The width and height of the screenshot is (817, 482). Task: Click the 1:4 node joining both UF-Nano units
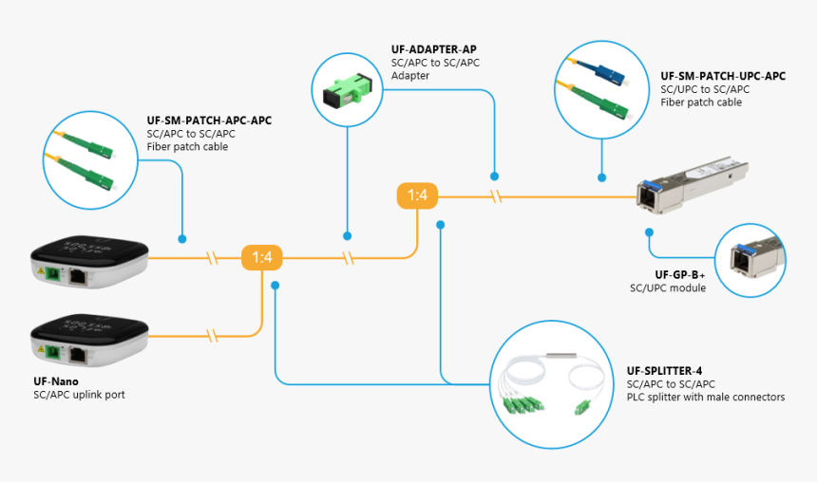point(261,257)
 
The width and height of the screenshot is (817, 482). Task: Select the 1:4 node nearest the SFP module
point(417,196)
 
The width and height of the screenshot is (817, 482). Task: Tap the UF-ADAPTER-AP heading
point(433,48)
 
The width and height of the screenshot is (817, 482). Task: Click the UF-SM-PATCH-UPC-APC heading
point(723,76)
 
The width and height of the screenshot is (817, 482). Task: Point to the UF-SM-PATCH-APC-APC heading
point(209,120)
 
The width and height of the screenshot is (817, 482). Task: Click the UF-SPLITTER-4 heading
point(664,370)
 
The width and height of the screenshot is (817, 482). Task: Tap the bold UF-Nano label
point(56,381)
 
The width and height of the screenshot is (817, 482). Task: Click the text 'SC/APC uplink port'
point(79,395)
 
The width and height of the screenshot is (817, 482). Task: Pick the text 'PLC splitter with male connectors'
point(705,397)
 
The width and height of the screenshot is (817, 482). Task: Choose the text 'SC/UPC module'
point(668,287)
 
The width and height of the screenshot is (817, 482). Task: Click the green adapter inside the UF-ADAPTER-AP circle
point(347,90)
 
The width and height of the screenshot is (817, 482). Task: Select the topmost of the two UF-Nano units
point(89,265)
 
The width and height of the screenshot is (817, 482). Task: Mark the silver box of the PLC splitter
point(556,359)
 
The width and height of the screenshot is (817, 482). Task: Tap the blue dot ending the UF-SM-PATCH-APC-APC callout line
point(181,239)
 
